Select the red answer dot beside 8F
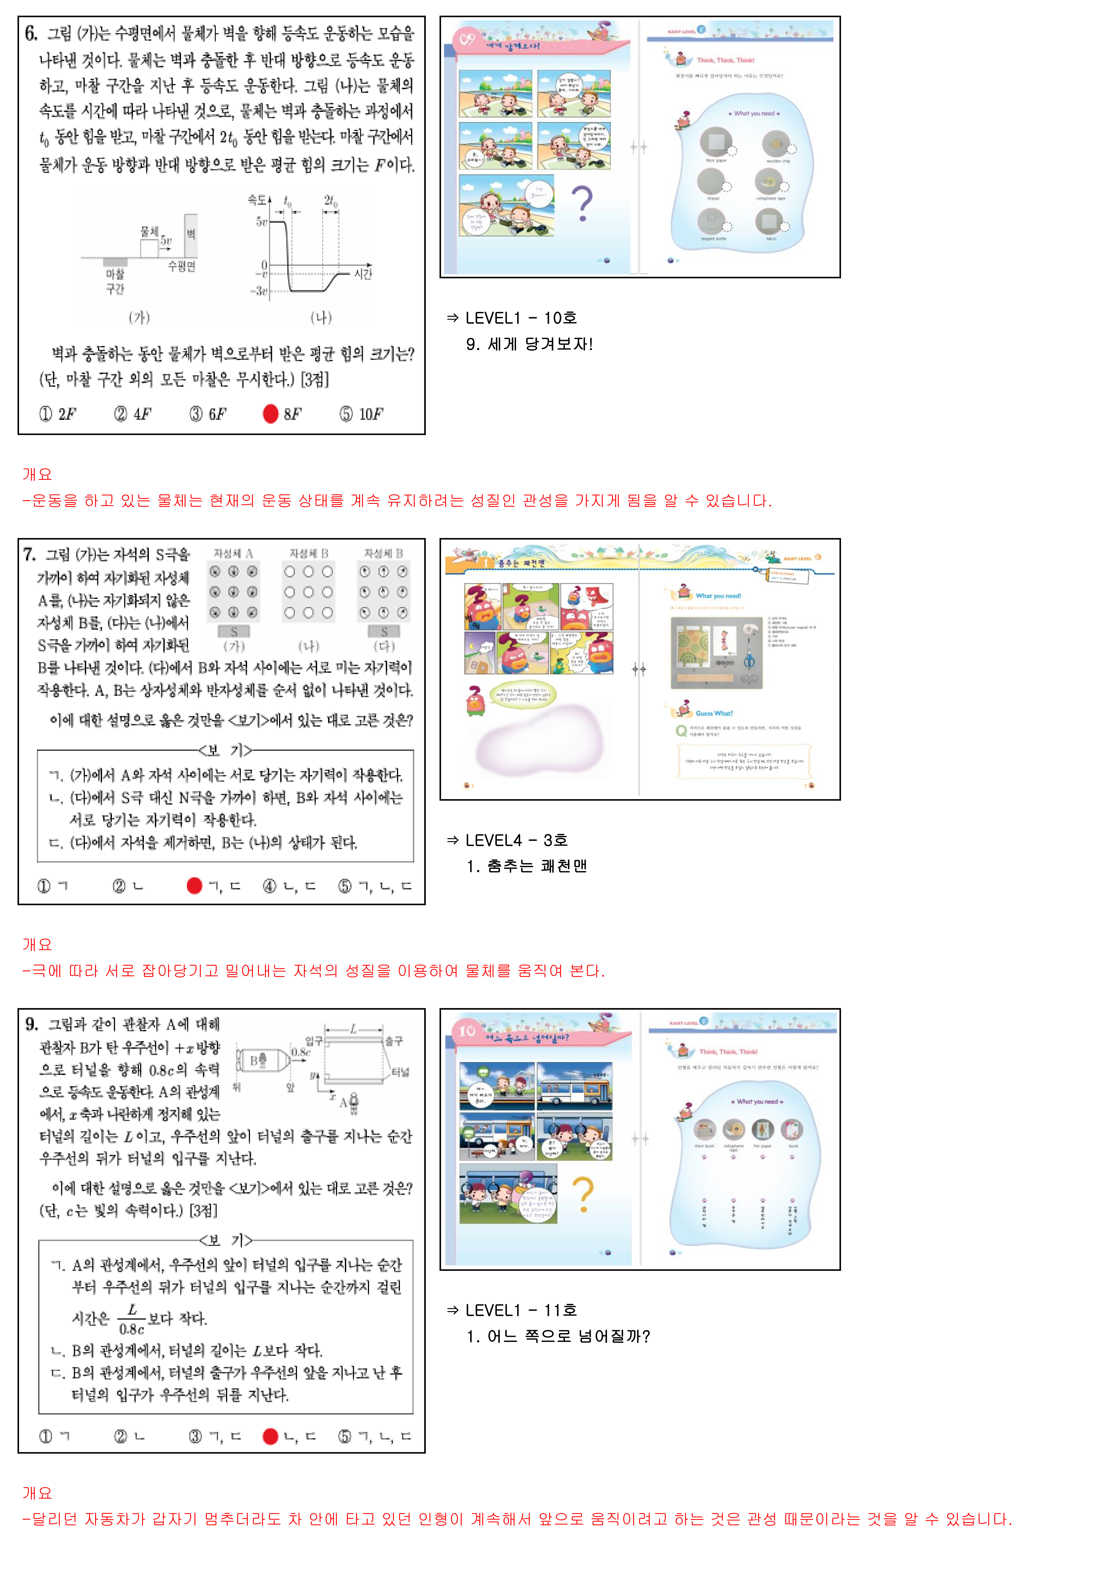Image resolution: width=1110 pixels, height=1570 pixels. [271, 414]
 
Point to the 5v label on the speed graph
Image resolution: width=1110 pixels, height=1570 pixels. [261, 222]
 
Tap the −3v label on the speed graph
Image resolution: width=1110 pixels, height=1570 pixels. [258, 291]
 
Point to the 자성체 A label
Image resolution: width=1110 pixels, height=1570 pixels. [233, 553]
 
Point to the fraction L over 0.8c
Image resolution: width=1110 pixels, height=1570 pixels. [131, 1319]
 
